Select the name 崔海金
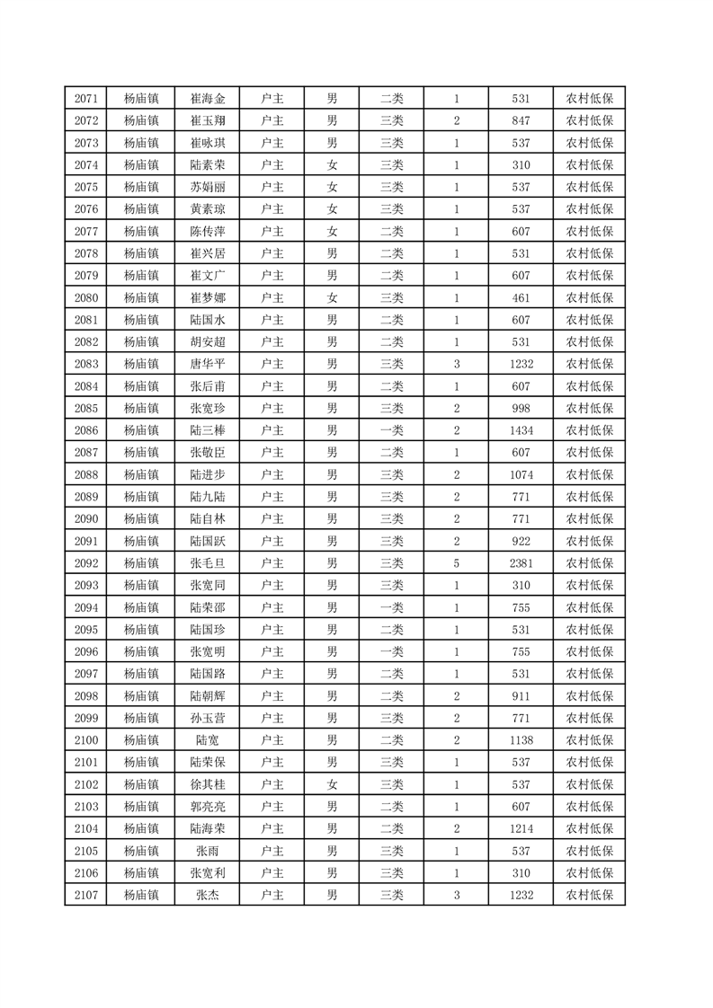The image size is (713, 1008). pyautogui.click(x=208, y=99)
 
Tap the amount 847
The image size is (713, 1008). pyautogui.click(x=521, y=120)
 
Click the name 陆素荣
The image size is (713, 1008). pyautogui.click(x=208, y=164)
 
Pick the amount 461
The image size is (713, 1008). pyautogui.click(x=521, y=297)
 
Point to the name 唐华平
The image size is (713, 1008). pyautogui.click(x=208, y=364)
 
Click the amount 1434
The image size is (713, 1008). pyautogui.click(x=521, y=430)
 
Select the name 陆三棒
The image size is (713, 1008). pyautogui.click(x=208, y=430)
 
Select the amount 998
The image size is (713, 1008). pyautogui.click(x=521, y=408)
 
